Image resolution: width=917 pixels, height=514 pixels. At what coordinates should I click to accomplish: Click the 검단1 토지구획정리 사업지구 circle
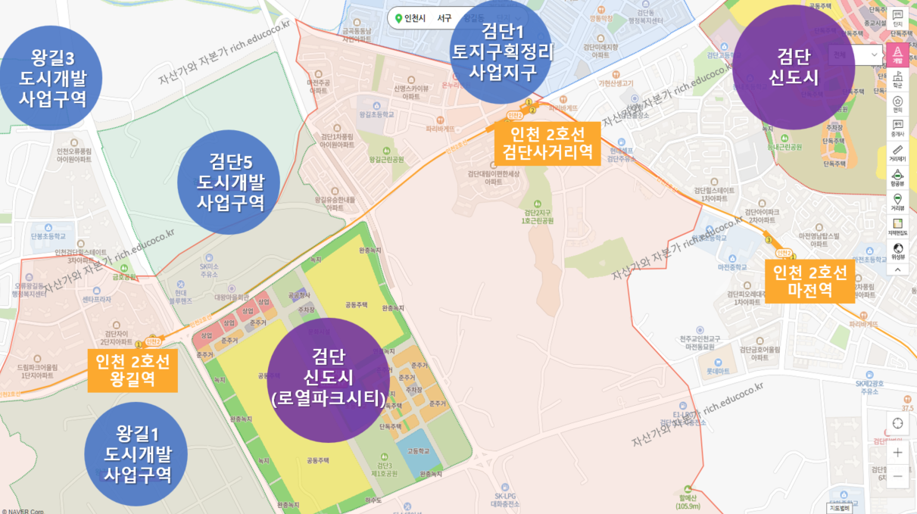pos(502,51)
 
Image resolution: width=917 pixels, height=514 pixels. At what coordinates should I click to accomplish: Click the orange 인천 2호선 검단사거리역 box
pos(547,143)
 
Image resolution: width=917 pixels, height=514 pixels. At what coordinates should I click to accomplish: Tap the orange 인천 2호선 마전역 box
pos(809,281)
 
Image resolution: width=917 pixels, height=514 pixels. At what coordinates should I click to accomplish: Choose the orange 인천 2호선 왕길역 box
pos(133,369)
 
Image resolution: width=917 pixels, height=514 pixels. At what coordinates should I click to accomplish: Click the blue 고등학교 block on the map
pos(418,451)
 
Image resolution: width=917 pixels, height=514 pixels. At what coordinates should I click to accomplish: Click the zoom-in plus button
pos(897,453)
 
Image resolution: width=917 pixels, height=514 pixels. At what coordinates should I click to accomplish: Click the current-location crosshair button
pos(897,423)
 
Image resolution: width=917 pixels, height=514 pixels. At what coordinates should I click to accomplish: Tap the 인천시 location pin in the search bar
pos(398,18)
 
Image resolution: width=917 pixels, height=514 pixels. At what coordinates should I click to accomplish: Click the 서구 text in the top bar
pos(444,18)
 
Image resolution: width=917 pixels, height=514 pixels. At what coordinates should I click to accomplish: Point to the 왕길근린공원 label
pos(387,160)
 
